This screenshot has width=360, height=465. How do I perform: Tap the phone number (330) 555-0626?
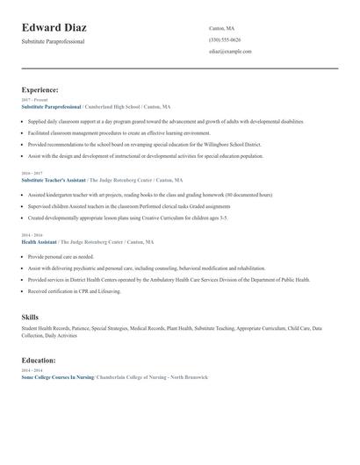(x=225, y=40)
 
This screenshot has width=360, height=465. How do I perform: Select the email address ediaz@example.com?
(x=230, y=52)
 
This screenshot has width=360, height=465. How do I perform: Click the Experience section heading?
(x=40, y=89)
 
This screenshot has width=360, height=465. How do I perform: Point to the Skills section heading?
(x=30, y=316)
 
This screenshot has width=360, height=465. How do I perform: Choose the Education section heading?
(x=40, y=360)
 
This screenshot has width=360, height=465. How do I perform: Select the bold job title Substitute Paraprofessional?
(x=51, y=106)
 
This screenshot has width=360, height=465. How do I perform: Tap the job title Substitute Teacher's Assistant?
(x=54, y=180)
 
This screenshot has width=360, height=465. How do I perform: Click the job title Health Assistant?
(x=39, y=241)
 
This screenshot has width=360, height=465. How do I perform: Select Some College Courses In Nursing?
(x=58, y=376)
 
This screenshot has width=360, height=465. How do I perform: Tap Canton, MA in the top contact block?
(x=221, y=28)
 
